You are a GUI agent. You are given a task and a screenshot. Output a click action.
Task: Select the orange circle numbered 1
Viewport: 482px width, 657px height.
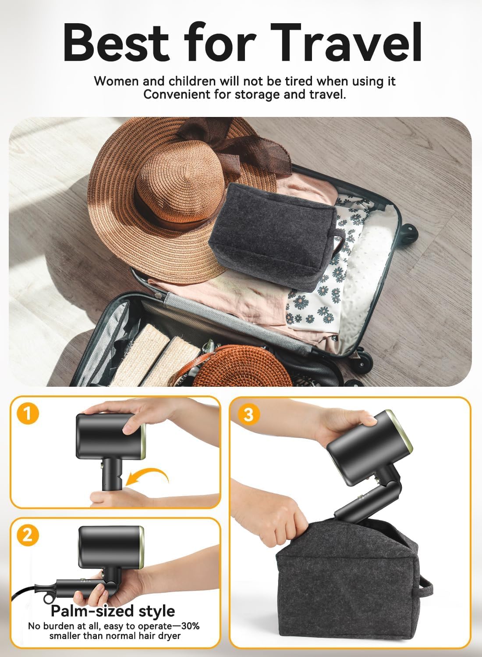click(28, 413)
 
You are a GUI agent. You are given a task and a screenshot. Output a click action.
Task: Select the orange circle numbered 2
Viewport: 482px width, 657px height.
click(28, 535)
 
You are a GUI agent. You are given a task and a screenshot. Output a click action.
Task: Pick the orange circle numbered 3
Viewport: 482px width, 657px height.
click(248, 413)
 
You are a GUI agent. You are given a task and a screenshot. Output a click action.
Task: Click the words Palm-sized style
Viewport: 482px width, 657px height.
click(113, 611)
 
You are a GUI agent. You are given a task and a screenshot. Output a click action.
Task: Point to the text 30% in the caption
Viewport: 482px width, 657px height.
click(186, 626)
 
